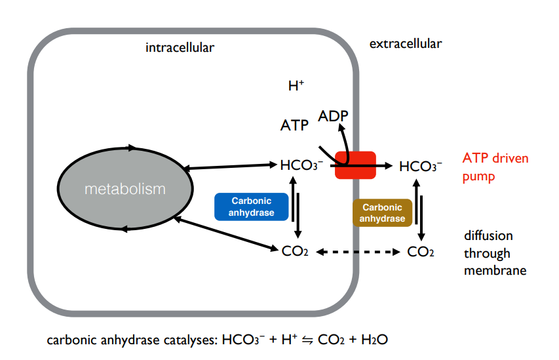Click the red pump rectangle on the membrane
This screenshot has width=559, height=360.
[x=355, y=165]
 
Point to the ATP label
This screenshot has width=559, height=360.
[x=294, y=125]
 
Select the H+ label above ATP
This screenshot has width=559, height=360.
[x=296, y=86]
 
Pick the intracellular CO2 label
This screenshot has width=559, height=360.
[x=294, y=251]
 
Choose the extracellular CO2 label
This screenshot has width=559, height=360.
[x=421, y=251]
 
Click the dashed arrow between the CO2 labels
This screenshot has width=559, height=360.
[x=358, y=251]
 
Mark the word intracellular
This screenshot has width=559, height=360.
[x=180, y=47]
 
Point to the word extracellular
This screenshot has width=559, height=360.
[x=406, y=44]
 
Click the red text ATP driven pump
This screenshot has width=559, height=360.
[x=495, y=167]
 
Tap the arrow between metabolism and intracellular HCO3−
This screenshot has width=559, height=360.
[x=229, y=167]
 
